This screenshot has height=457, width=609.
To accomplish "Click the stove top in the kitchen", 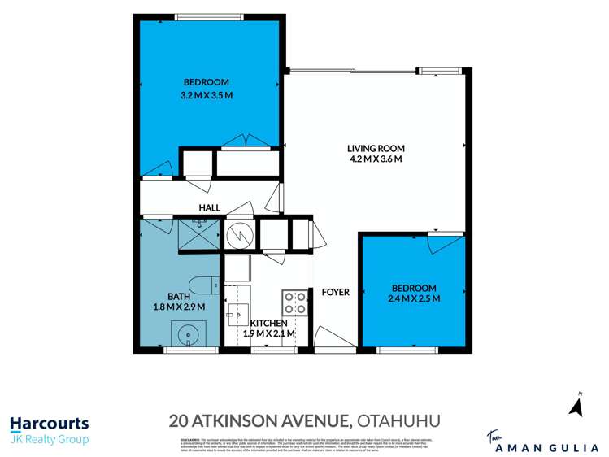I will pos(294,303).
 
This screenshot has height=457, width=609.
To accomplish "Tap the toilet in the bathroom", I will pos(211,285).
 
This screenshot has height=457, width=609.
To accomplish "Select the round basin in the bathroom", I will pos(189,333).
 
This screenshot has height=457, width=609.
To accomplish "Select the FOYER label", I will pos(335,292).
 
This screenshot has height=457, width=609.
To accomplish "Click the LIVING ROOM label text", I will pos(376,148).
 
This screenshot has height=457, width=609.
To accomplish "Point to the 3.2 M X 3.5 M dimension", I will pos(207,95).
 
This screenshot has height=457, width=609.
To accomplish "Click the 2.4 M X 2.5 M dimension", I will pos(414,299).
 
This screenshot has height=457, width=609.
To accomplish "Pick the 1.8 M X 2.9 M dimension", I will pos(178,307).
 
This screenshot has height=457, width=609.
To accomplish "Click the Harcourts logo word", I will pos(49,424).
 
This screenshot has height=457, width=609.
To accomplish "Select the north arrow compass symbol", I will pos(577,406).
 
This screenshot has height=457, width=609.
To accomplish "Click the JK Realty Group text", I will pos(49,440).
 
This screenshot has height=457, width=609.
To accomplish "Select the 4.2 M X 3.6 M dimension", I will pos(376,159).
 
